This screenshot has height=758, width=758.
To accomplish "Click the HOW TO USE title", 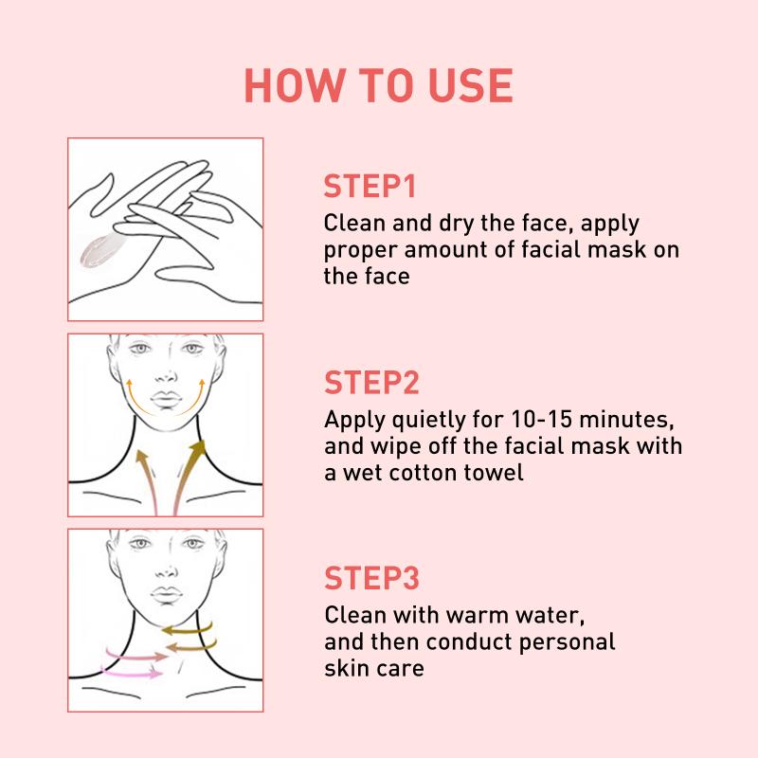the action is click(378, 85).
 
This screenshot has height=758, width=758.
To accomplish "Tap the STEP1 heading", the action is click(370, 186).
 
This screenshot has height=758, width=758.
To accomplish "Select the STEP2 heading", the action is click(371, 383).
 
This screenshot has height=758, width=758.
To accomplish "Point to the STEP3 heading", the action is click(371, 578).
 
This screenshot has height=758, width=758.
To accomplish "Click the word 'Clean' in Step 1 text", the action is click(354, 223).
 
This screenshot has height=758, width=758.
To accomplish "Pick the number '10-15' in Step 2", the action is click(541, 419).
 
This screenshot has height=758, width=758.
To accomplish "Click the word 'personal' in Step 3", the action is click(567, 643).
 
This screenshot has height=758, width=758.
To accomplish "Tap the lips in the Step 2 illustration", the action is click(166, 399).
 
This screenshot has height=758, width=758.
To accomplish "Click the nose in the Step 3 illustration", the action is click(166, 570).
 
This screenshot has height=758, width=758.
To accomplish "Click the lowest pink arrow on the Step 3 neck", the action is click(132, 673).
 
